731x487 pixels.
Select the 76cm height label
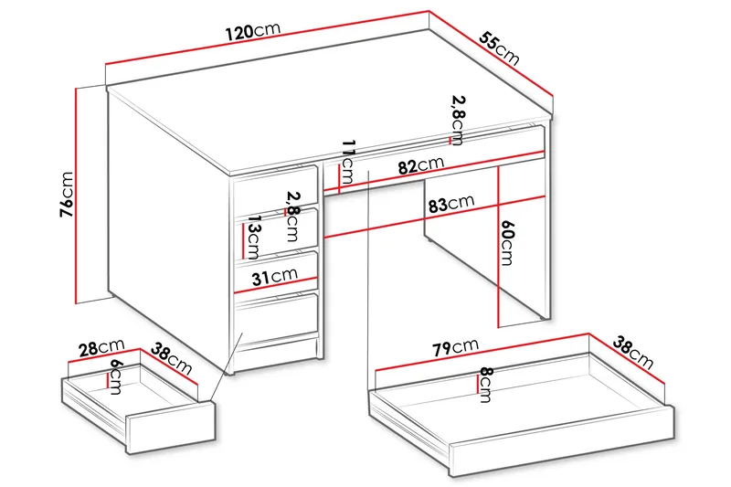(67, 195)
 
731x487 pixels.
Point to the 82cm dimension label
(420, 165)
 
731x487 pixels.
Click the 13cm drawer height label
(254, 240)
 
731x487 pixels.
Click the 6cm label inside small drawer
(116, 375)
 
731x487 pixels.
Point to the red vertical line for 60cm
(498, 247)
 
